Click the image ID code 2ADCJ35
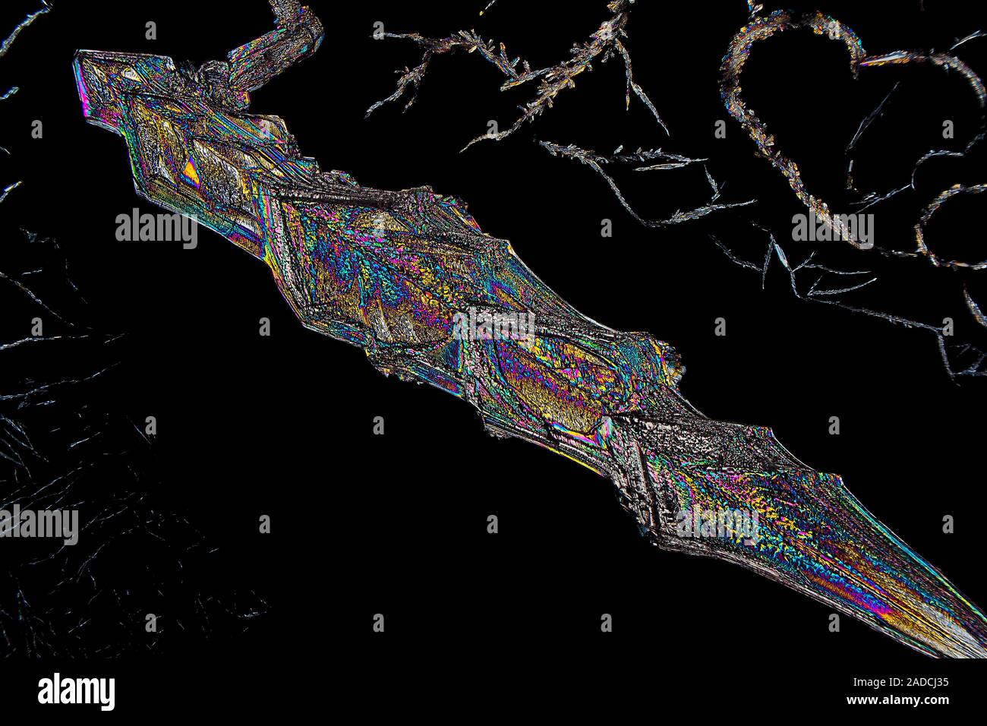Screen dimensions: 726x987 (x=911, y=681)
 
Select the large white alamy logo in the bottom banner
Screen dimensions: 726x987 (x=76, y=691)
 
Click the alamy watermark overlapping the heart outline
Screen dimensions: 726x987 (x=832, y=228)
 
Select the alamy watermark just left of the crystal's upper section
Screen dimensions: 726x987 (x=156, y=228)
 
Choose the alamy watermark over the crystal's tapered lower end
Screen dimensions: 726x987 (x=717, y=524)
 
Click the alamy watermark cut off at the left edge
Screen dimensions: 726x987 (x=38, y=524)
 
